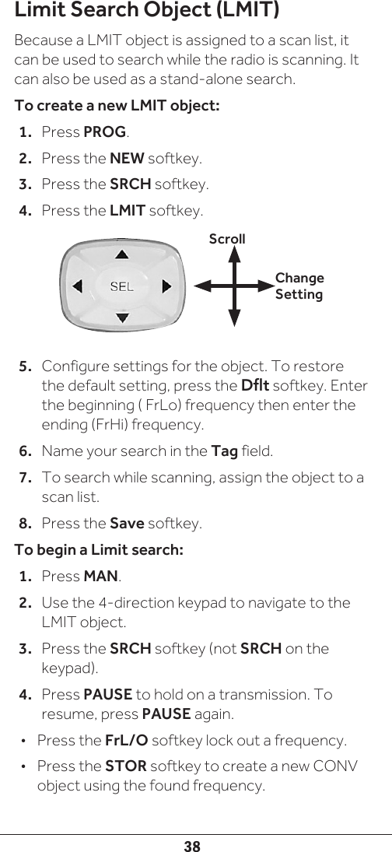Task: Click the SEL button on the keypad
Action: (122, 286)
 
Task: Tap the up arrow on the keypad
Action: (122, 254)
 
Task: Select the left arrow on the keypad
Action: (78, 286)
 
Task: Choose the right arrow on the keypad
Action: (167, 286)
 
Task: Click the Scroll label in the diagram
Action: (227, 239)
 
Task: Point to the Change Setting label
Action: (299, 286)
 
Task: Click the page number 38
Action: (191, 846)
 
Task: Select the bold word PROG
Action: (105, 132)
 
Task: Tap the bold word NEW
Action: (127, 159)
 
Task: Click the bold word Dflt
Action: (255, 386)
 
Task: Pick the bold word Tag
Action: (224, 451)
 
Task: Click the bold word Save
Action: (127, 524)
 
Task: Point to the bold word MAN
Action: (101, 576)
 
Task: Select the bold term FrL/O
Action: (126, 741)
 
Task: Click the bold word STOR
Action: (126, 766)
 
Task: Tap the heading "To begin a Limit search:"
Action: (99, 550)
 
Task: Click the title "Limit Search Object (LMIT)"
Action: (146, 10)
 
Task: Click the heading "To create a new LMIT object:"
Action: (117, 105)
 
